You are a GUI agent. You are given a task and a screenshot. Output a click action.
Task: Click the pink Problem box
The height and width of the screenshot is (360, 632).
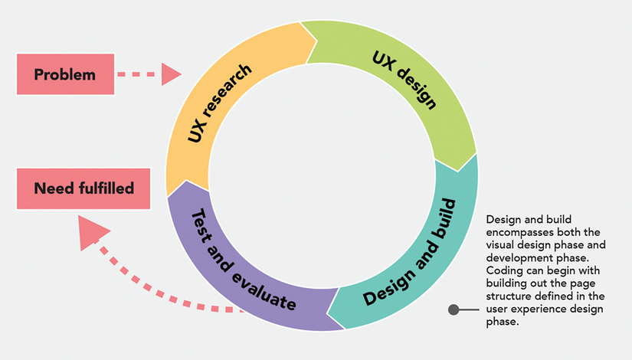tap(65, 74)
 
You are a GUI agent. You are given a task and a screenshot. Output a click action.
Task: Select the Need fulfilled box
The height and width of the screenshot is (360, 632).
tap(84, 188)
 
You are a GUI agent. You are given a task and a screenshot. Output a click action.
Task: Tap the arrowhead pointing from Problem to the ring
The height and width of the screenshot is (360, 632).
tap(171, 74)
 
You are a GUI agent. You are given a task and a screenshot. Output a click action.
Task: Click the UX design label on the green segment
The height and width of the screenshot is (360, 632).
tap(404, 80)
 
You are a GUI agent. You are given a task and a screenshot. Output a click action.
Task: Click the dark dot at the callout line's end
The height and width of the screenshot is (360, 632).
tap(454, 310)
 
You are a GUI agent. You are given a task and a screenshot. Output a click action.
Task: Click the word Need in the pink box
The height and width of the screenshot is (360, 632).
tap(51, 188)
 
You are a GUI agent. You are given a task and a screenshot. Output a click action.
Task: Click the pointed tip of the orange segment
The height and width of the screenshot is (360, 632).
tap(316, 38)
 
